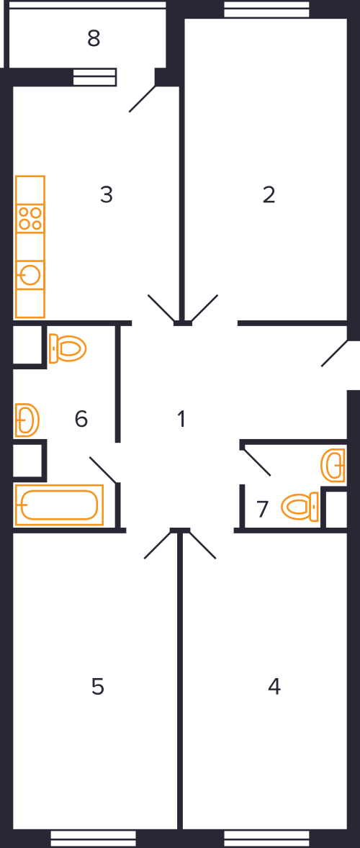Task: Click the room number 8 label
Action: [94, 38]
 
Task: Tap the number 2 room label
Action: [269, 194]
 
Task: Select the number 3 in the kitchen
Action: [107, 194]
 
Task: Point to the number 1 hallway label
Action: [181, 418]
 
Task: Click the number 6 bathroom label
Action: [81, 418]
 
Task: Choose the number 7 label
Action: [263, 510]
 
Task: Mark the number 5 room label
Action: [97, 686]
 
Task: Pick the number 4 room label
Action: [274, 686]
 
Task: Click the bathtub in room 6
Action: [60, 505]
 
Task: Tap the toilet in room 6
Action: [68, 348]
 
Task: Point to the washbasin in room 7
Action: [333, 465]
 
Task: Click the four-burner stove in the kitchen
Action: [30, 219]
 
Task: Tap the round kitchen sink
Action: [30, 275]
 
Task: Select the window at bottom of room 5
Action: [94, 838]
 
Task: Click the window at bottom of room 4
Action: [266, 838]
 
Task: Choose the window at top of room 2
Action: [266, 9]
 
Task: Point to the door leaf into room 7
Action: [257, 462]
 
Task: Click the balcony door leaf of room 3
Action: [143, 99]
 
